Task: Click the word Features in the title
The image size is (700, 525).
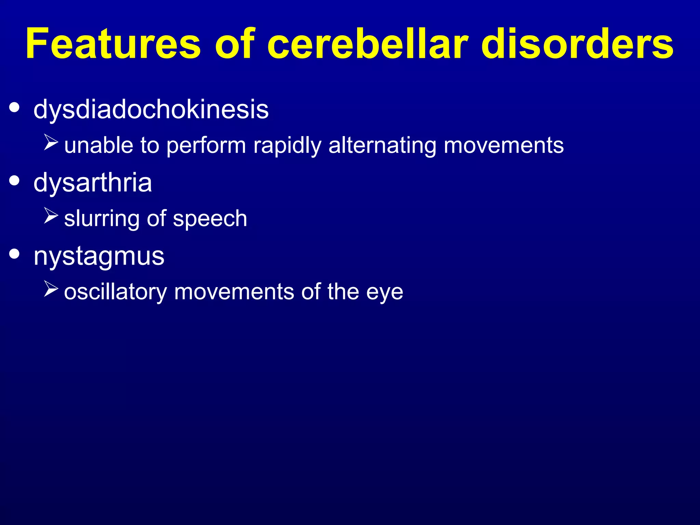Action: (113, 44)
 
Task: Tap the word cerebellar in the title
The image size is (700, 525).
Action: (367, 44)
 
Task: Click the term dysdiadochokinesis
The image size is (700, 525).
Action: (151, 110)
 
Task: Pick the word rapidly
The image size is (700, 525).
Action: (287, 146)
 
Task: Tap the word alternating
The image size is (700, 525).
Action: (382, 146)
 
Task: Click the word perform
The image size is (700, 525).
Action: (206, 146)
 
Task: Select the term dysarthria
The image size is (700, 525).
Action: (93, 183)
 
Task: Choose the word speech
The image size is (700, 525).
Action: (210, 219)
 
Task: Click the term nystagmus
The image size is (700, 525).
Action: (99, 256)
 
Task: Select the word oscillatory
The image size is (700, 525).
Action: (116, 293)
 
